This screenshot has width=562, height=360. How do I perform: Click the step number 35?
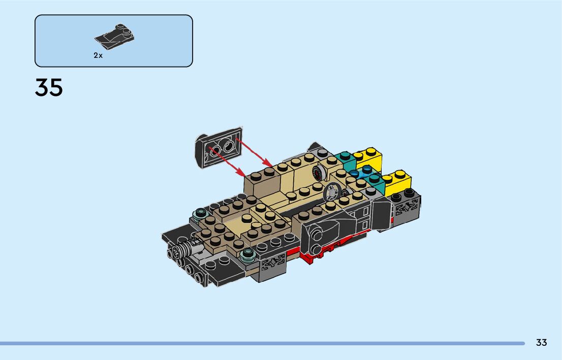click(49, 87)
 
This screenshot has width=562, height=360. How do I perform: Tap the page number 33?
click(541, 342)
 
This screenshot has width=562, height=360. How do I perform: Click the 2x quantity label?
click(98, 55)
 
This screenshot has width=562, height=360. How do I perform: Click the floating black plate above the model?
click(218, 147)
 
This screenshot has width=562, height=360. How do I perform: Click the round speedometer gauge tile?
click(318, 173)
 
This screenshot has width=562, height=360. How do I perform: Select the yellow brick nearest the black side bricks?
click(397, 183)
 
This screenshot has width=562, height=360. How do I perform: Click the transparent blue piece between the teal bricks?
click(361, 173)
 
